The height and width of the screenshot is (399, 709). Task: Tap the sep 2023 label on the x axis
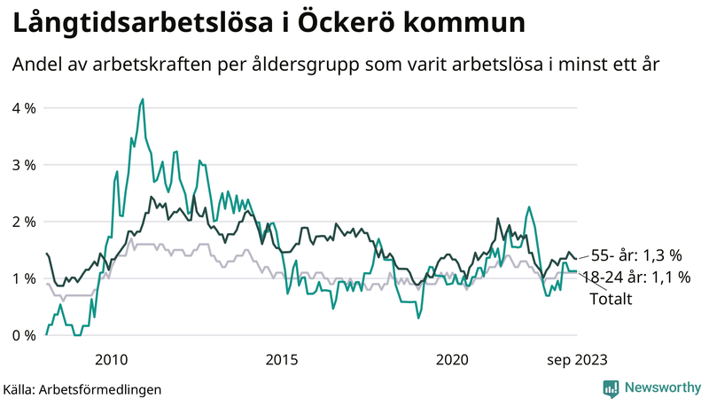click(577, 359)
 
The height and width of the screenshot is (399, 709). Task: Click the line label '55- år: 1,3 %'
click(636, 255)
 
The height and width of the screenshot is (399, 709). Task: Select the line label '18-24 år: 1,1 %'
click(636, 278)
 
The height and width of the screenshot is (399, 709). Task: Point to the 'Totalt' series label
click(610, 300)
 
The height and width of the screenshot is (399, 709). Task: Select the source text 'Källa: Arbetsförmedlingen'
click(82, 388)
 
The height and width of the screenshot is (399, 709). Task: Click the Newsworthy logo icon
click(611, 387)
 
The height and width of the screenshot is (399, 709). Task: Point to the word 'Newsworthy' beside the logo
click(663, 387)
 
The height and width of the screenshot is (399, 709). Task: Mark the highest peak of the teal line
click(142, 99)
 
